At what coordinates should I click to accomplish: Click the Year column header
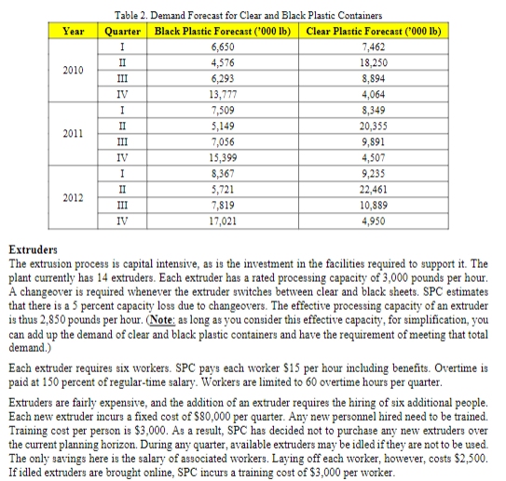pyautogui.click(x=73, y=31)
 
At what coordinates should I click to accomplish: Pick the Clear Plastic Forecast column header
pyautogui.click(x=373, y=31)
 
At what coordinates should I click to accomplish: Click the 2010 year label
pyautogui.click(x=73, y=69)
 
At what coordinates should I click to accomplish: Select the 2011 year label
pyautogui.click(x=73, y=133)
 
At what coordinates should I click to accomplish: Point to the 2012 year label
pyautogui.click(x=73, y=197)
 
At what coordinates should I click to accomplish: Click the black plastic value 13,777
pyautogui.click(x=223, y=94)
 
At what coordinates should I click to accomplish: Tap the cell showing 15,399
pyautogui.click(x=223, y=158)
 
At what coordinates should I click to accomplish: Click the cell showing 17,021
pyautogui.click(x=223, y=222)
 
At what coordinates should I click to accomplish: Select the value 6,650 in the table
pyautogui.click(x=223, y=46)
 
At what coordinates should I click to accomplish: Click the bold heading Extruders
pyautogui.click(x=33, y=250)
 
